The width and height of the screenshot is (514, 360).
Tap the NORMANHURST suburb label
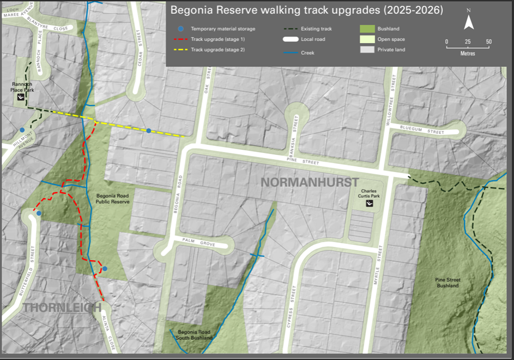click(310, 182)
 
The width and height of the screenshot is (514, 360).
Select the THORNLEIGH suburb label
click(62, 307)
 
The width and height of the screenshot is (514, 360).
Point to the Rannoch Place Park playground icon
click(21, 97)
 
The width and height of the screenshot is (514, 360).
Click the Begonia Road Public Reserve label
click(113, 198)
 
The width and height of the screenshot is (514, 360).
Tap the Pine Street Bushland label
click(447, 282)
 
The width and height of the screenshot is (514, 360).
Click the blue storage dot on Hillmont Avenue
click(22, 130)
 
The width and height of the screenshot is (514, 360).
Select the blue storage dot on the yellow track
click(148, 131)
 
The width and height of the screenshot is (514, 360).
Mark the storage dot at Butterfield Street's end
click(39, 213)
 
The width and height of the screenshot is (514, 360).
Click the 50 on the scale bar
click(488, 42)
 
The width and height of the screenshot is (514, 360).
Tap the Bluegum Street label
click(429, 131)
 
